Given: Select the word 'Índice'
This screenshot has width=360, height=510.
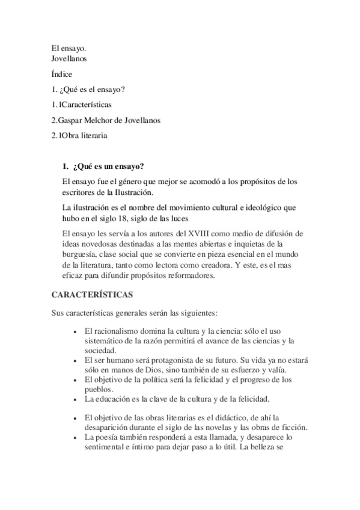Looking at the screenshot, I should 61,75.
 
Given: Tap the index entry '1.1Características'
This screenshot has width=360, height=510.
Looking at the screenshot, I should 81,105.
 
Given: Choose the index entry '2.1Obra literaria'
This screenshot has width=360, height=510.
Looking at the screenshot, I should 79,135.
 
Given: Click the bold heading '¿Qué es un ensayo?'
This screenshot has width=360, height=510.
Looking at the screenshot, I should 109,165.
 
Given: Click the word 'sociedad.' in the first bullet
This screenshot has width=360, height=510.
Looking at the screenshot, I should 100,351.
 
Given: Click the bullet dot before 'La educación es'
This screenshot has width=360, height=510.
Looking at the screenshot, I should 74,399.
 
